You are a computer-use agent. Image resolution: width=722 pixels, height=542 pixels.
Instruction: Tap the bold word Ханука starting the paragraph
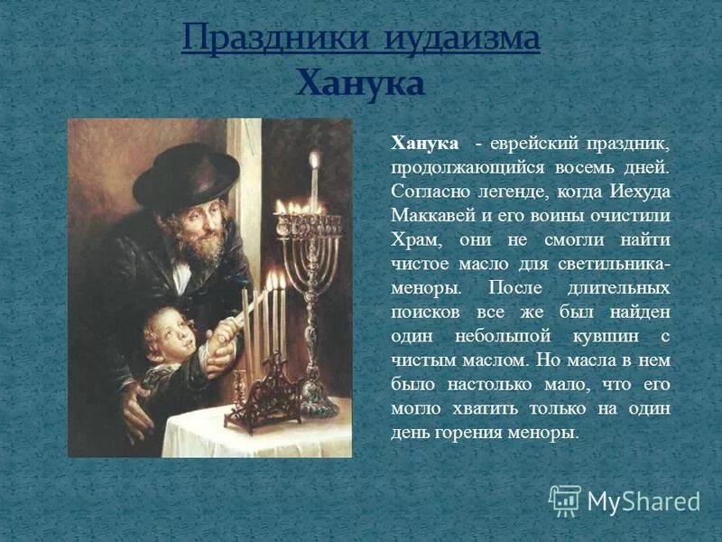(x=423, y=145)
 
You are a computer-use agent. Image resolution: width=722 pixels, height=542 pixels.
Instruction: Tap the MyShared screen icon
(x=565, y=500)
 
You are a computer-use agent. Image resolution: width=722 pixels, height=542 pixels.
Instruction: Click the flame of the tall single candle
(x=314, y=161)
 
